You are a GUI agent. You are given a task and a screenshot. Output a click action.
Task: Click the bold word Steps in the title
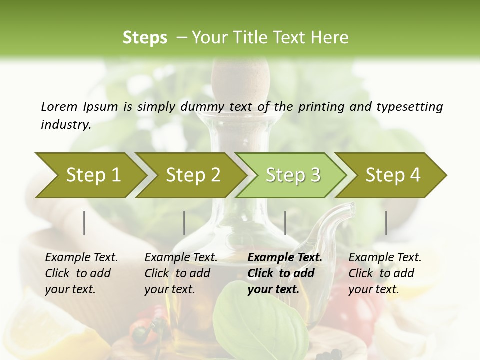point(145,38)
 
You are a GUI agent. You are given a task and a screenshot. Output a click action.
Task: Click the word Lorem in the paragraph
point(59,106)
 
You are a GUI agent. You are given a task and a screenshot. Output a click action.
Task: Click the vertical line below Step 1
point(84,223)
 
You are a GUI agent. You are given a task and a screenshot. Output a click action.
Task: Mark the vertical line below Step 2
point(184,223)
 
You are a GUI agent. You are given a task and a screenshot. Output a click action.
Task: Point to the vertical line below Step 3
point(285,223)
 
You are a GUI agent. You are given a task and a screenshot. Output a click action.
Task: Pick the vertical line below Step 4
point(386,223)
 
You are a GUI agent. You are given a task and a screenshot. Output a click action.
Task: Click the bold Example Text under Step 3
point(285,258)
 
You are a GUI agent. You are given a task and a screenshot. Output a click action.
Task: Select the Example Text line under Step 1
point(81,258)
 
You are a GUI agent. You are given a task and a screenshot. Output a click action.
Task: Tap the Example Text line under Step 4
point(385,258)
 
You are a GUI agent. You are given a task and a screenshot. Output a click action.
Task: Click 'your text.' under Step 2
point(169,289)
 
